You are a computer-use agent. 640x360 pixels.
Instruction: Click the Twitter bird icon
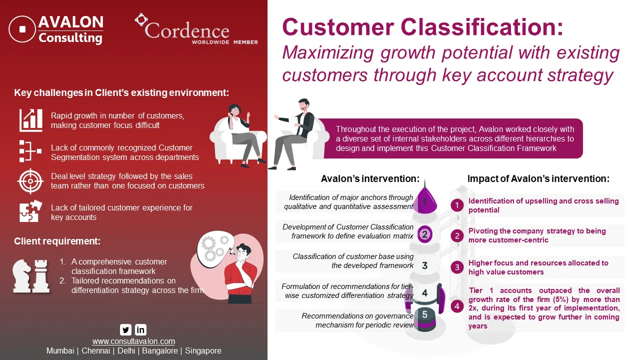point(125,329)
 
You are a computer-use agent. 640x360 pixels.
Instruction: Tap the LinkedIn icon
point(140,329)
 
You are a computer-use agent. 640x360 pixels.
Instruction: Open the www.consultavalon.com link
point(133,341)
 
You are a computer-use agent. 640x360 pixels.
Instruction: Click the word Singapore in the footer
point(203,351)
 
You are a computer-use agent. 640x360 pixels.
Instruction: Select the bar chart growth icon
point(31,120)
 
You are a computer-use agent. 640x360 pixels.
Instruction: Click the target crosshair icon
point(30,181)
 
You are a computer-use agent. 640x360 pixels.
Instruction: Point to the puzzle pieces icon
point(30,211)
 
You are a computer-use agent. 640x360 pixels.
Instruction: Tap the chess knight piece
point(21,276)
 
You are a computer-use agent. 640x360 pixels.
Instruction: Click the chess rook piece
point(41,276)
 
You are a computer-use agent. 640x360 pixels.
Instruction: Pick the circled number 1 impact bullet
point(457,205)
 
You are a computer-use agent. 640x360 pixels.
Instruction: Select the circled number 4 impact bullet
point(457,306)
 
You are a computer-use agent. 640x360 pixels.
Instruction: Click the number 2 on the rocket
point(425,234)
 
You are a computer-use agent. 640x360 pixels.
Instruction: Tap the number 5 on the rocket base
point(425,314)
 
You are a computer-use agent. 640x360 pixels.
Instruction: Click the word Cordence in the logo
point(187,31)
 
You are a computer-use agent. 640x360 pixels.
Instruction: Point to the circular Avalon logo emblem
point(22,29)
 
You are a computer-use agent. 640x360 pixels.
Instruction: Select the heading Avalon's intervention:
point(370,178)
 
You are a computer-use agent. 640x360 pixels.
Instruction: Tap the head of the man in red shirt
point(243,251)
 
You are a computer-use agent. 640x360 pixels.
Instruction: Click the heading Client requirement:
point(57,241)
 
